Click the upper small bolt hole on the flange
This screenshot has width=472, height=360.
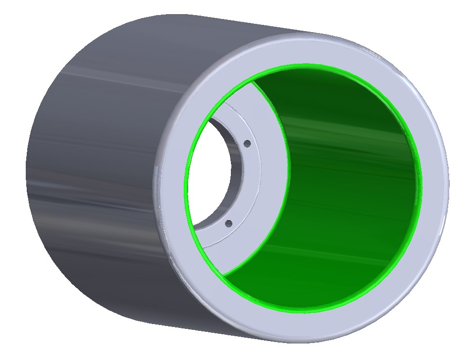[x=247, y=144]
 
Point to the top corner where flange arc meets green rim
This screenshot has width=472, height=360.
[x=252, y=82]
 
